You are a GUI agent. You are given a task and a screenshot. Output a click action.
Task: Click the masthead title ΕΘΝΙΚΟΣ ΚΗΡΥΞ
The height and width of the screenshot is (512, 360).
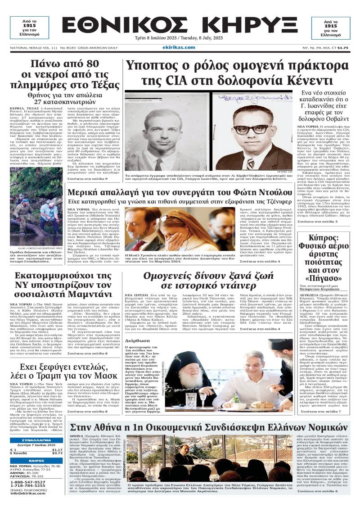pyautogui.click(x=180, y=23)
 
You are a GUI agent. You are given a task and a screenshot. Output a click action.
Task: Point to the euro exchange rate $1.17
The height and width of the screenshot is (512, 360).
pyautogui.click(x=57, y=449)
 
